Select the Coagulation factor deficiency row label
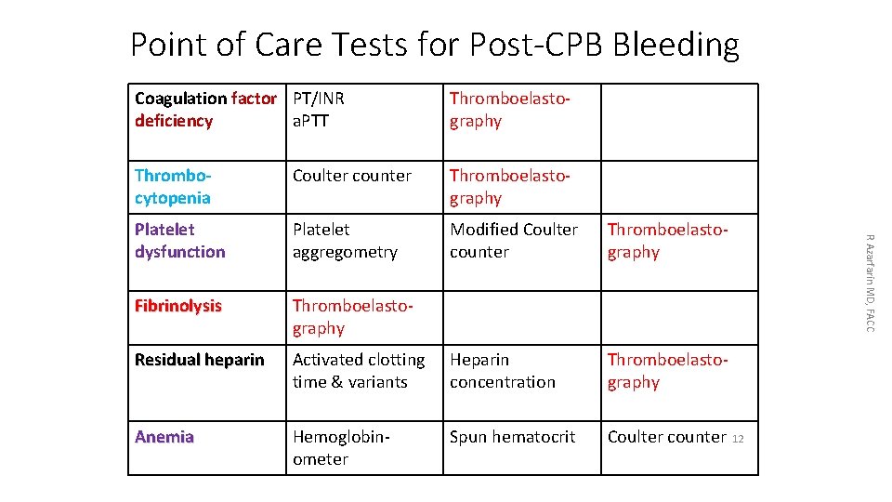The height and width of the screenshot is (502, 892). pos(205,110)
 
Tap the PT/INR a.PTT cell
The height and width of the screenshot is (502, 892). pos(319,110)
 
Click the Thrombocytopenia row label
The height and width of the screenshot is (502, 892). pos(173,187)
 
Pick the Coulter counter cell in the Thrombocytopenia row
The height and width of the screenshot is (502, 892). pos(352,176)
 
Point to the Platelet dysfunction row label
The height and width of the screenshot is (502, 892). pos(180,241)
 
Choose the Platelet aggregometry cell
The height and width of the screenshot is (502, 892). pos(345,241)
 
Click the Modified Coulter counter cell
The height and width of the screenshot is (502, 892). pos(514,241)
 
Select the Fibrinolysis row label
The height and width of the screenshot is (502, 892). pos(178,306)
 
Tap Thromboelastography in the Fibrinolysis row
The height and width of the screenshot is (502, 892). pos(345,317)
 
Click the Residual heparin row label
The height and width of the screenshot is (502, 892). pos(200,360)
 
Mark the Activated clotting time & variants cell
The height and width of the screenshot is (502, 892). pos(359,371)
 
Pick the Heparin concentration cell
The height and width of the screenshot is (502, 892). pos(503,371)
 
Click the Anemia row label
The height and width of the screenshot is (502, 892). pos(164,437)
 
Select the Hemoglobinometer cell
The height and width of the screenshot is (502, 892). pos(340,448)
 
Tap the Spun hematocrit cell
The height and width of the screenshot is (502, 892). pos(513,437)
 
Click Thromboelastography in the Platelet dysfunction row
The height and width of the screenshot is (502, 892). pos(667,241)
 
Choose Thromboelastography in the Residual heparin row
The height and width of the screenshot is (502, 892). pos(667,371)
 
